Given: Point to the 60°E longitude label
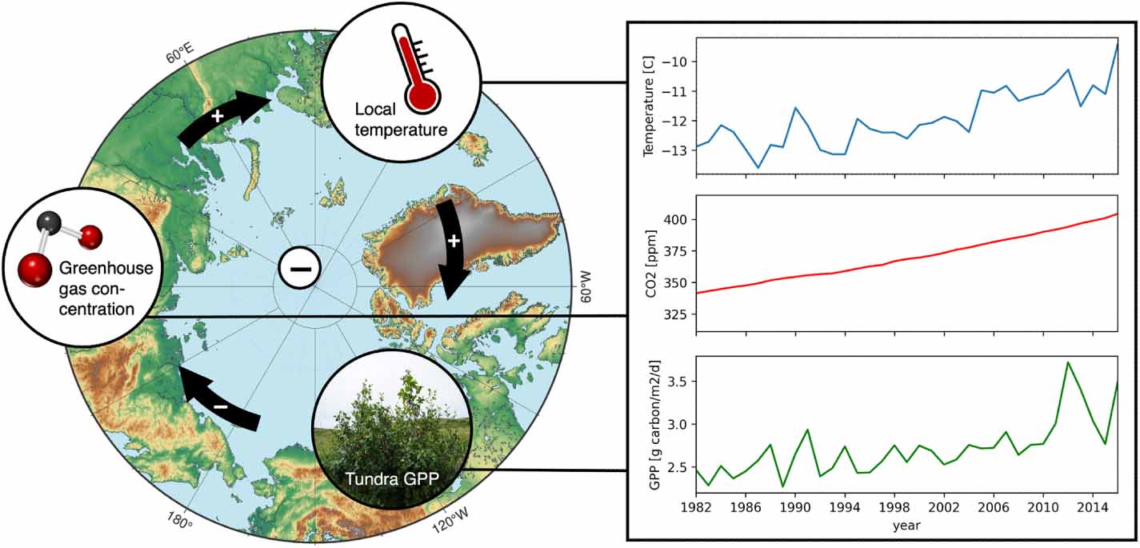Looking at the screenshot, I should pyautogui.click(x=180, y=55).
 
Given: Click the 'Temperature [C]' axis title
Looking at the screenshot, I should pyautogui.click(x=649, y=106).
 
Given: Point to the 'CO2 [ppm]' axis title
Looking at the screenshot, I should pyautogui.click(x=649, y=263).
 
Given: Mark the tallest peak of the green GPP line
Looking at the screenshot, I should pyautogui.click(x=1067, y=362).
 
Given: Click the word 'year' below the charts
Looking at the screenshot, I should pyautogui.click(x=906, y=526).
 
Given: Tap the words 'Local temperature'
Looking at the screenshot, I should pyautogui.click(x=400, y=118).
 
